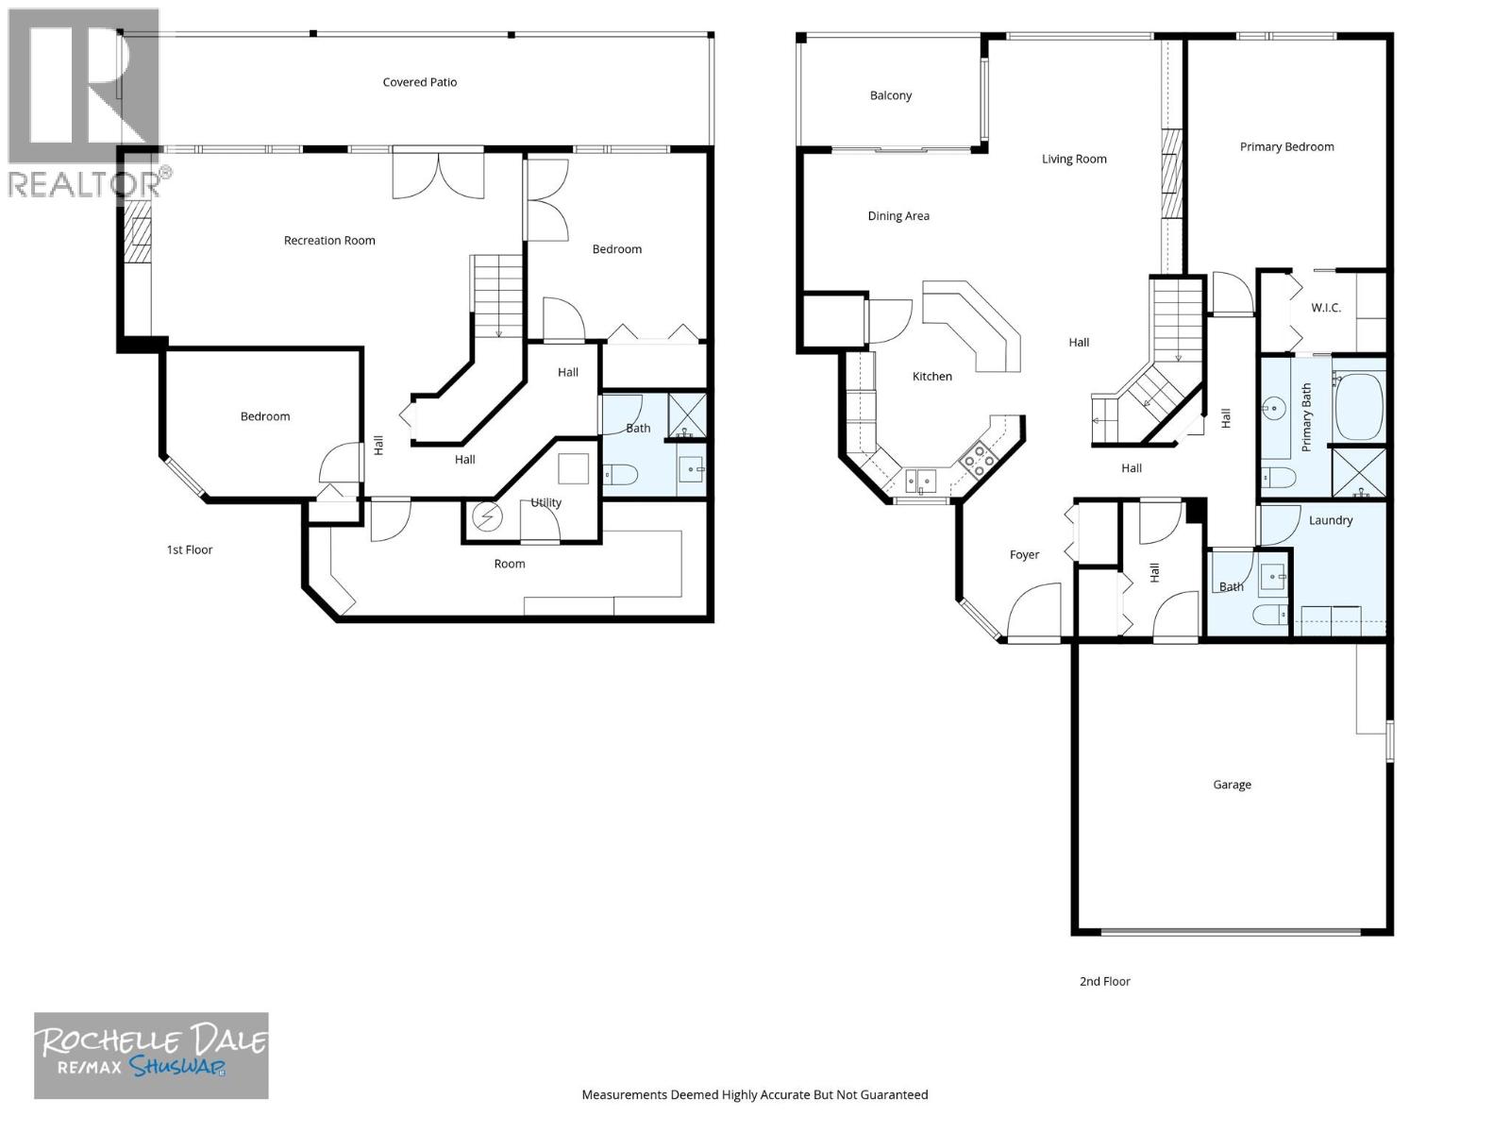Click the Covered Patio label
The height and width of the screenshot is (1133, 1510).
[x=420, y=82]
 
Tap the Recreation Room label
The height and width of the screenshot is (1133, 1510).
[x=329, y=241]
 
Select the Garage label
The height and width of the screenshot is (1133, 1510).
[x=1232, y=785]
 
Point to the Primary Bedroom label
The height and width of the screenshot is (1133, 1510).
[x=1286, y=147]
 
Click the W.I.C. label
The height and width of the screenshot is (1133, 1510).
[x=1325, y=308]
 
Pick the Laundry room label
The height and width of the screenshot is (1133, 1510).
[x=1330, y=520]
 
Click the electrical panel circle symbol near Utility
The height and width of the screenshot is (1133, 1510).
[x=489, y=517]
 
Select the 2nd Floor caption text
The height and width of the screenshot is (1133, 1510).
[x=1104, y=982]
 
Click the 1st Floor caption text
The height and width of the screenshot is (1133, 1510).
[x=190, y=550]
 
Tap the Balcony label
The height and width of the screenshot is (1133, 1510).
[x=890, y=95]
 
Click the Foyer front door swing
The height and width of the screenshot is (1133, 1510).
[x=1036, y=614]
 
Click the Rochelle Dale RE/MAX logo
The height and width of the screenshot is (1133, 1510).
[x=151, y=1056]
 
